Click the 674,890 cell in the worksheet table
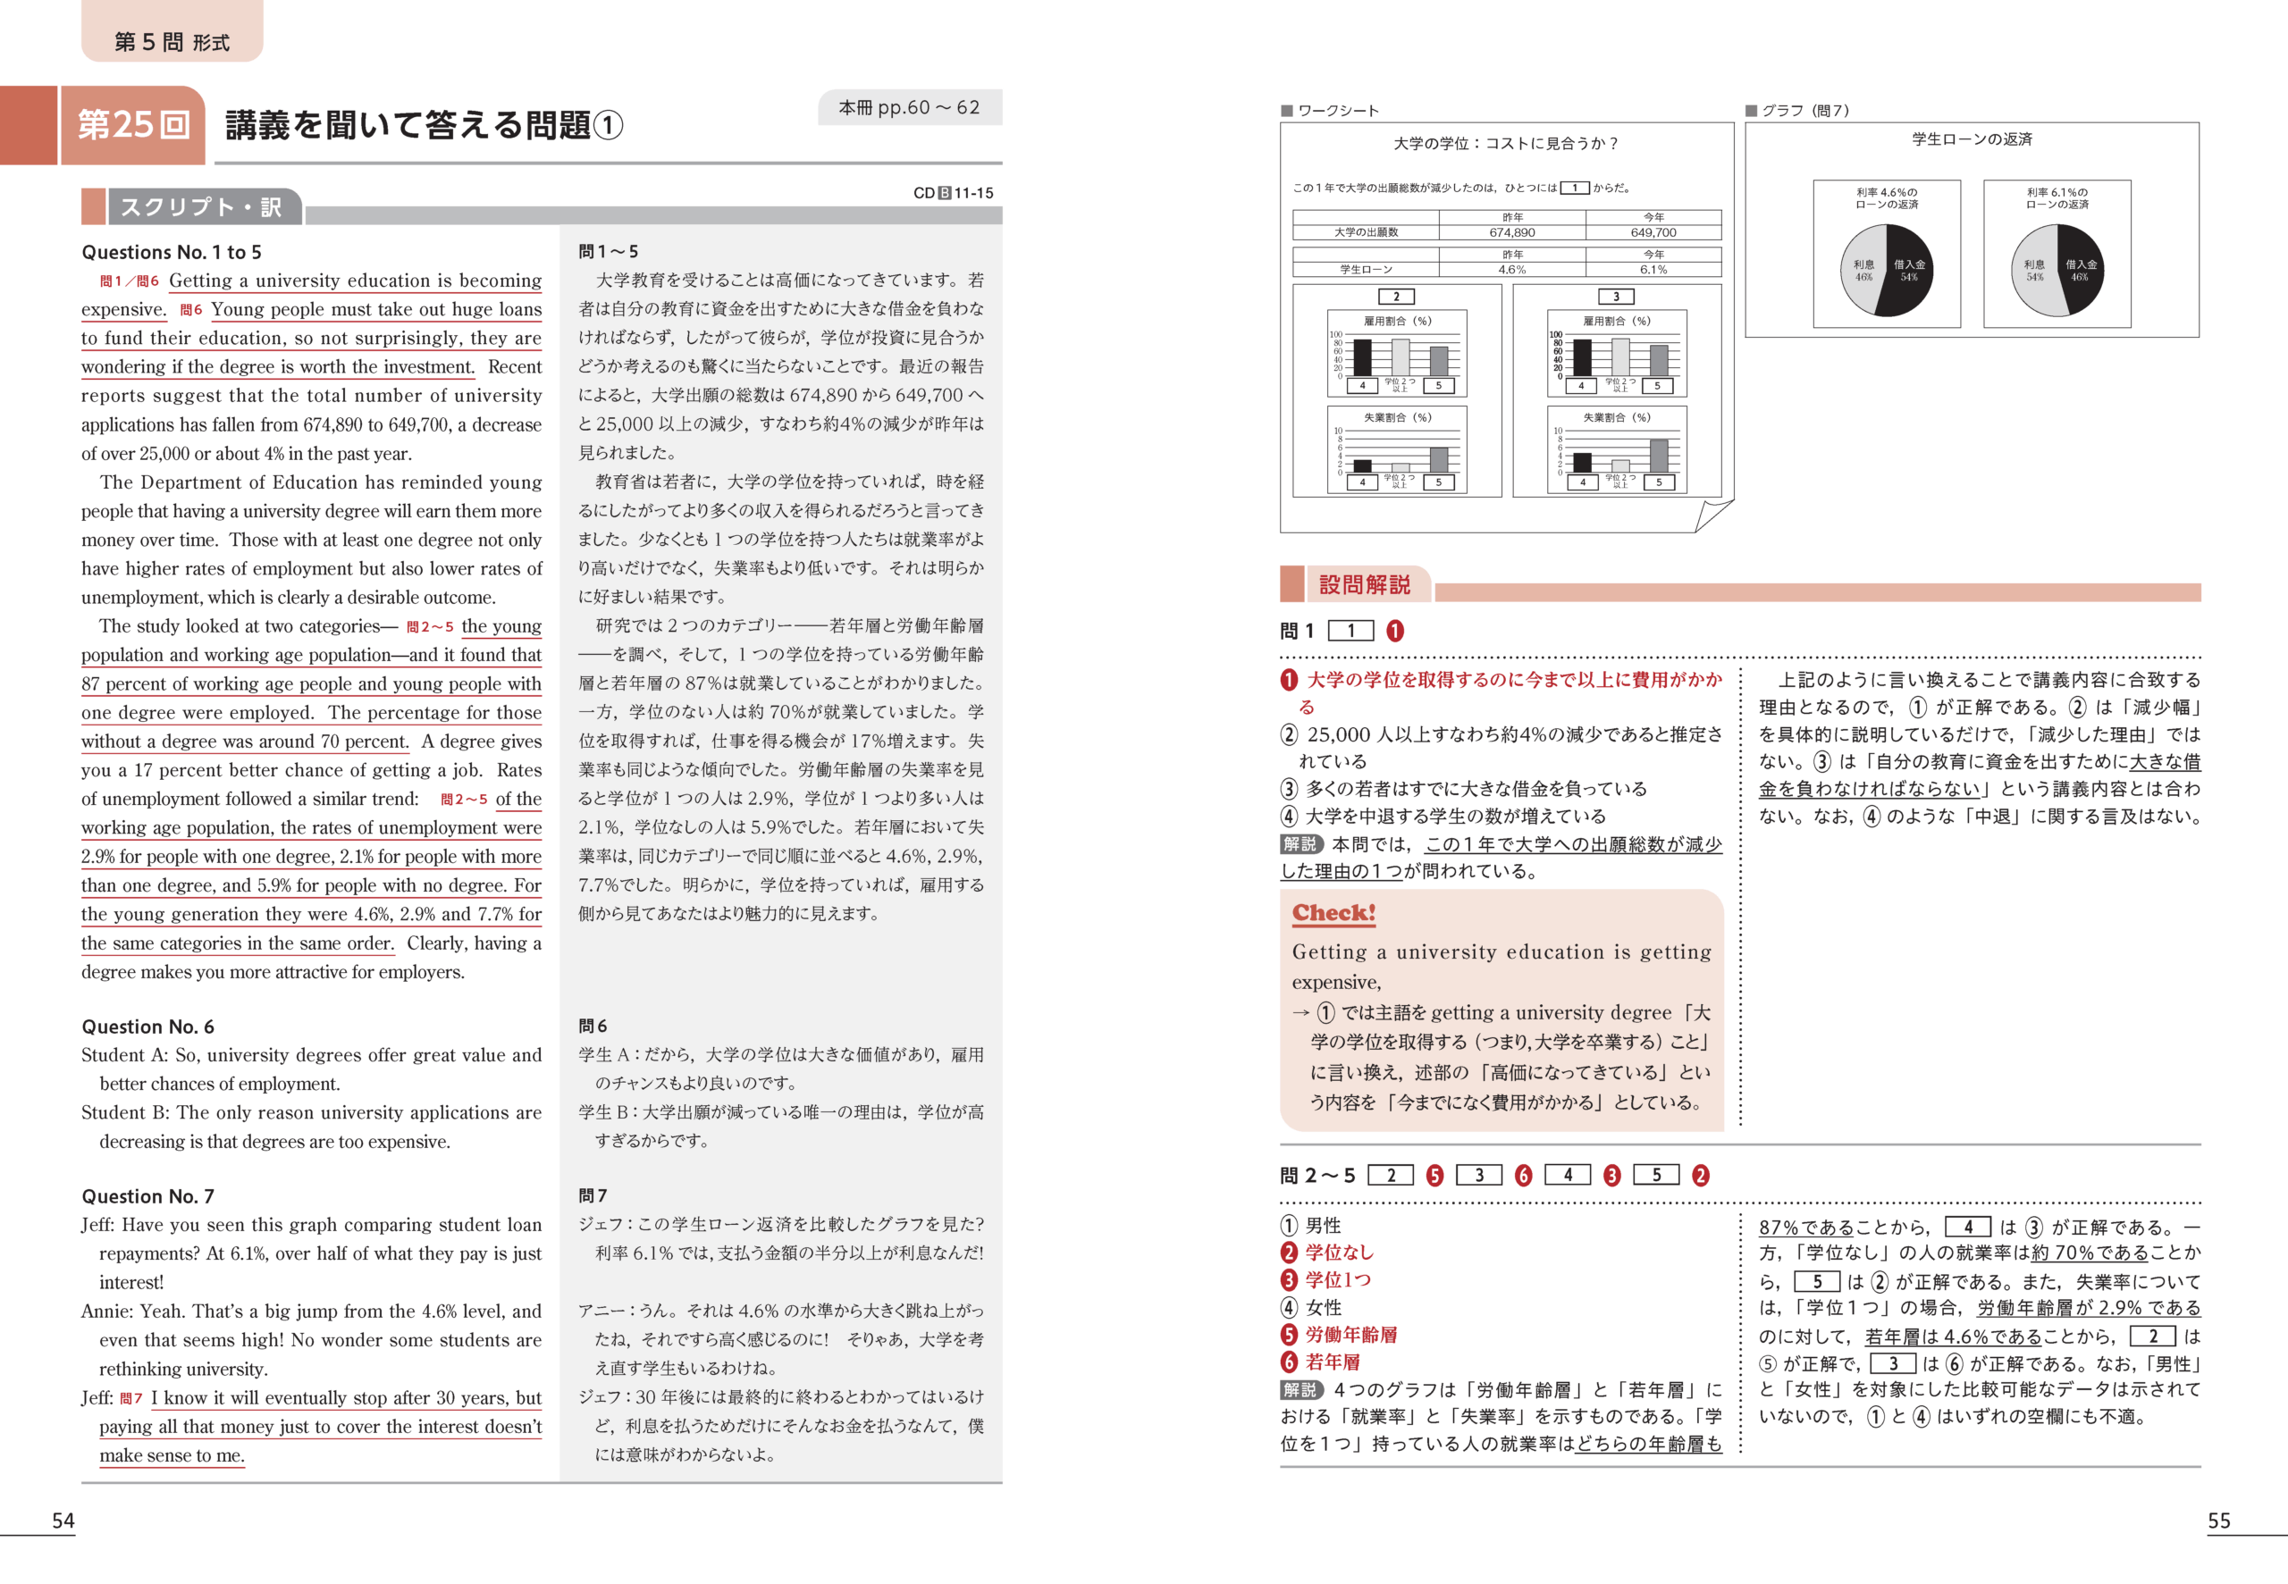pyautogui.click(x=1510, y=232)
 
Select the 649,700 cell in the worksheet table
pyautogui.click(x=1653, y=232)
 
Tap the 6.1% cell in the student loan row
pyautogui.click(x=1653, y=269)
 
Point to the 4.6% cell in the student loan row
pyautogui.click(x=1510, y=269)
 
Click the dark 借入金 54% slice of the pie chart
pyautogui.click(x=1909, y=270)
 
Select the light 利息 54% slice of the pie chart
pyautogui.click(x=2034, y=270)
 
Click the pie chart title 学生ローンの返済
pyautogui.click(x=1972, y=139)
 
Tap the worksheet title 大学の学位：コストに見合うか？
pyautogui.click(x=1506, y=144)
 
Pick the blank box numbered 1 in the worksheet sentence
pyautogui.click(x=1574, y=188)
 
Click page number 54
pyautogui.click(x=63, y=1521)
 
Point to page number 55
pyautogui.click(x=2218, y=1521)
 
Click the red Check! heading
pyautogui.click(x=1333, y=912)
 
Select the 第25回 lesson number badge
pyautogui.click(x=133, y=125)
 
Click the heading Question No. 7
pyautogui.click(x=147, y=1196)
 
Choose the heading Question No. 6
pyautogui.click(x=147, y=1027)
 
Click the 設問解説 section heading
pyautogui.click(x=1364, y=584)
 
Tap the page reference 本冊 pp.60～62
pyautogui.click(x=908, y=107)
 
